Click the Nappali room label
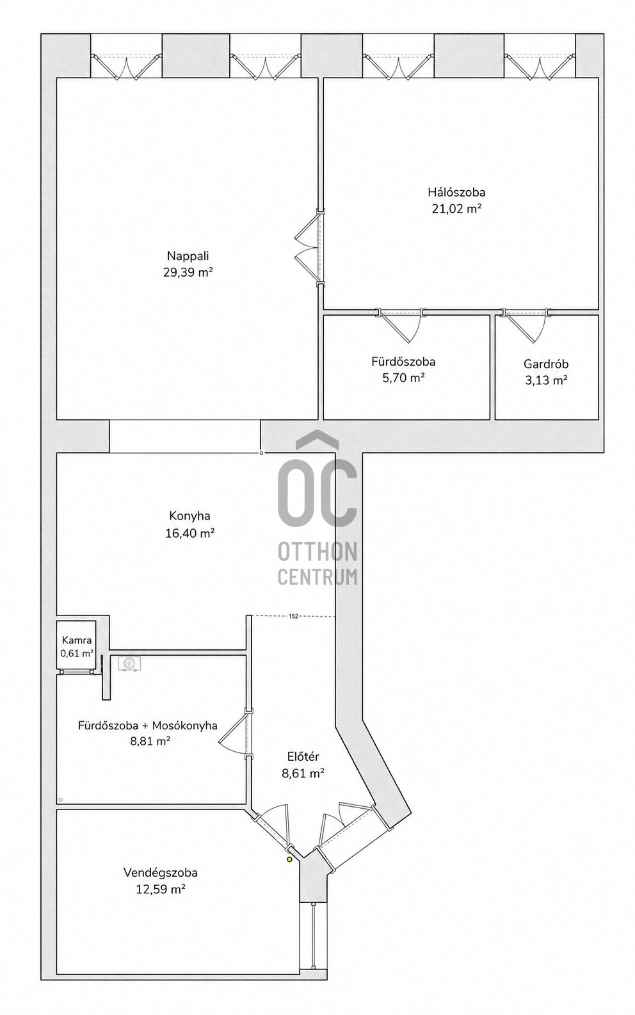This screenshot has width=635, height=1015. point(188,256)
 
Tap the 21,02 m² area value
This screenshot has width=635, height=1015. point(456,209)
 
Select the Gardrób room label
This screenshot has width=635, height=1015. point(546,364)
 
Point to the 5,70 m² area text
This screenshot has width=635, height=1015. point(403,378)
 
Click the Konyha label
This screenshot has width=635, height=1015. point(189,516)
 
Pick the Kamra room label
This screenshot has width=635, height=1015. point(77,640)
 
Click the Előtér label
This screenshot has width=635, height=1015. point(303,756)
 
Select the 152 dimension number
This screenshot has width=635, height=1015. point(293,616)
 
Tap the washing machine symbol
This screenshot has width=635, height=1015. point(129,663)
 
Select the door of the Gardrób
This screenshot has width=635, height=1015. point(526,326)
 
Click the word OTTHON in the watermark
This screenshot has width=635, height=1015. point(317,552)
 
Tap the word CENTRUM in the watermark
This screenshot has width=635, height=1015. point(317,576)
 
